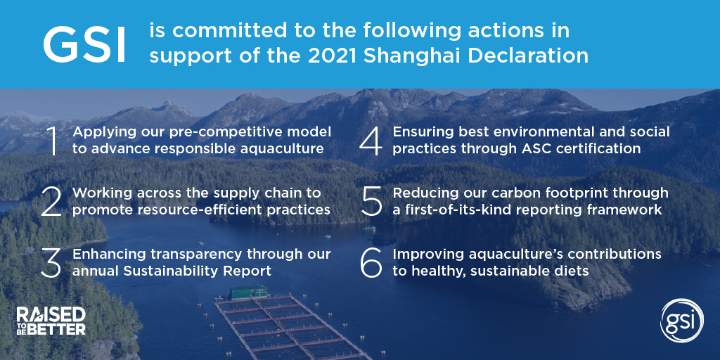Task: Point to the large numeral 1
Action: [x=52, y=141]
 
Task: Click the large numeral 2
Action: [x=52, y=202]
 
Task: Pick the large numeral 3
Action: [x=52, y=262]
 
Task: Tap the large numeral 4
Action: [x=371, y=141]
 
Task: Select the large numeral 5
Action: [x=371, y=202]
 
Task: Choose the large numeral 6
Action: [x=371, y=262]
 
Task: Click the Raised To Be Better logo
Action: [x=51, y=321]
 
